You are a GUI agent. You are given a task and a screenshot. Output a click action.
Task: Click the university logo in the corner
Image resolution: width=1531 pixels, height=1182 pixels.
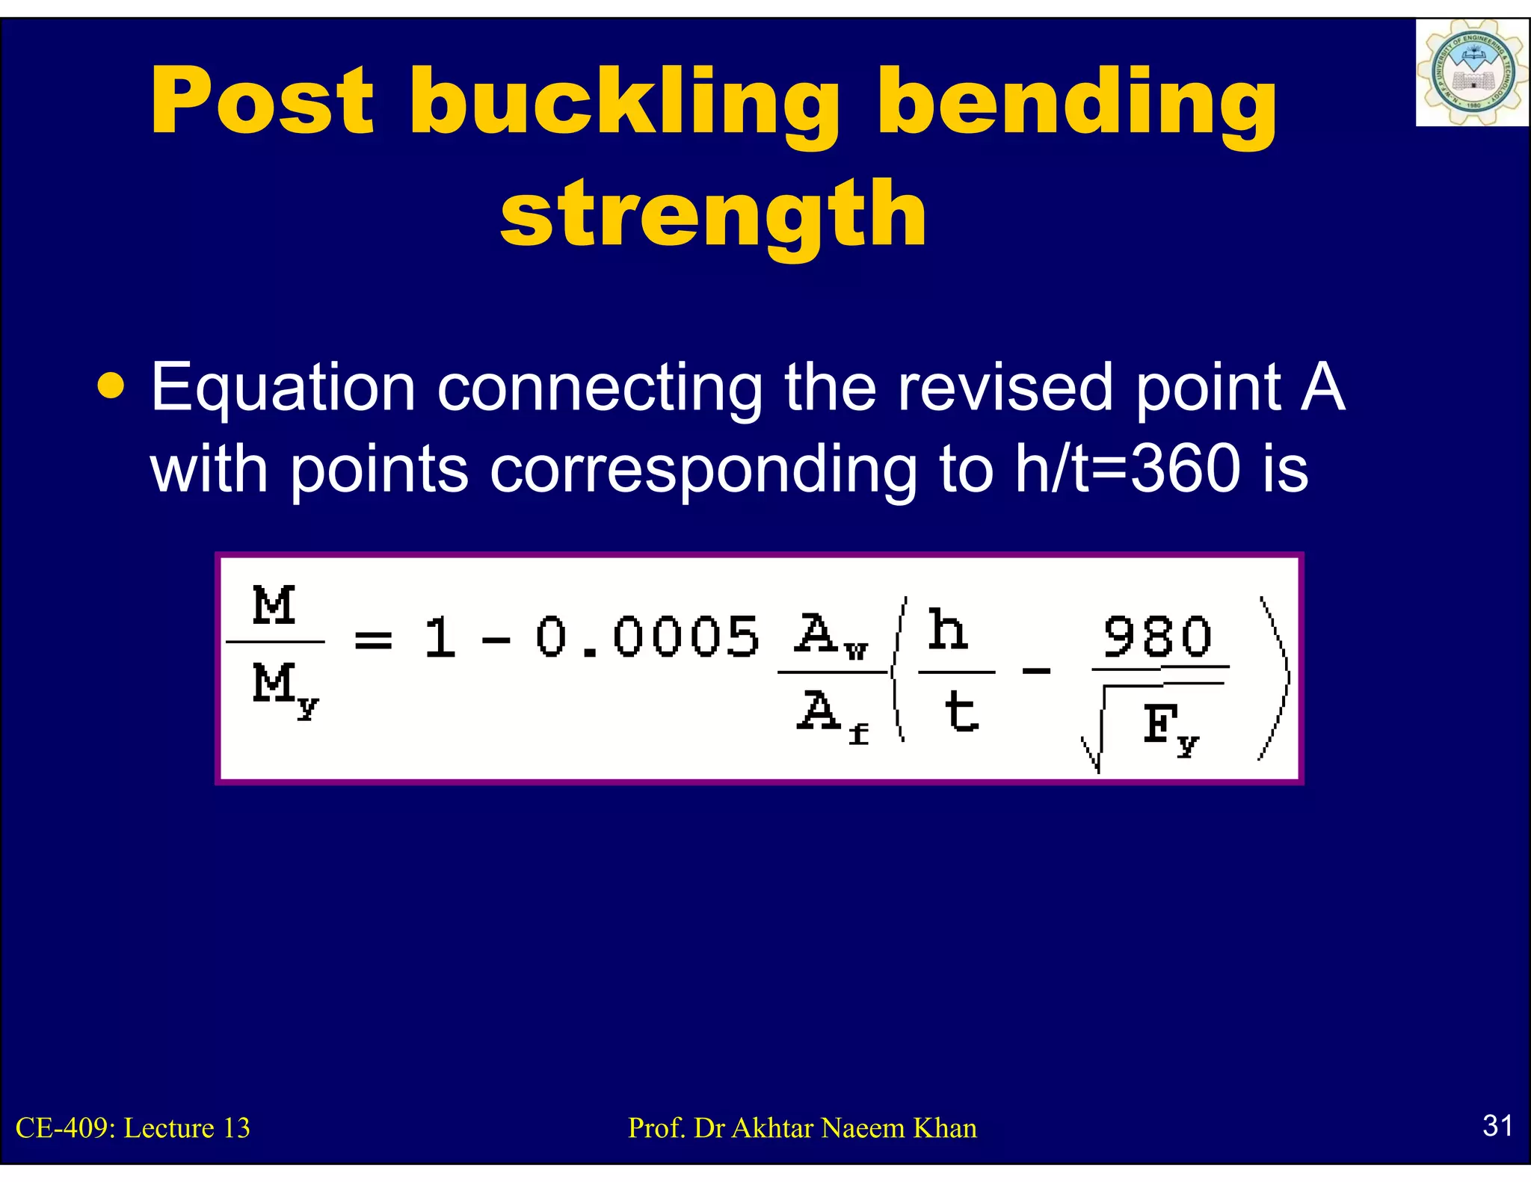pyautogui.click(x=1471, y=73)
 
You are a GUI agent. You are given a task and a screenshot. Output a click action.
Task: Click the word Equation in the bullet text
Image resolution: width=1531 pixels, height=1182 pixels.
pyautogui.click(x=283, y=389)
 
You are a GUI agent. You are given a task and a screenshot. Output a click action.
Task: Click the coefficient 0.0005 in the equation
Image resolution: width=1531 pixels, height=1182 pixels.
pyautogui.click(x=647, y=638)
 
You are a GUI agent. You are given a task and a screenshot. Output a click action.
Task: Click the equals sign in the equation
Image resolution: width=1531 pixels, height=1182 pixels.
pyautogui.click(x=373, y=640)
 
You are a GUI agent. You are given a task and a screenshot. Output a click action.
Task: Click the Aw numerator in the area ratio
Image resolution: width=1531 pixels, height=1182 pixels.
pyautogui.click(x=830, y=635)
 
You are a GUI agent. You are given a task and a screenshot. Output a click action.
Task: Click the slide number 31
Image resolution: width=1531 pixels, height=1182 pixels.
pyautogui.click(x=1497, y=1125)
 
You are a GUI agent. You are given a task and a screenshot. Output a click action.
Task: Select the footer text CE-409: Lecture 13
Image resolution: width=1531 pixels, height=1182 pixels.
pyautogui.click(x=133, y=1128)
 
